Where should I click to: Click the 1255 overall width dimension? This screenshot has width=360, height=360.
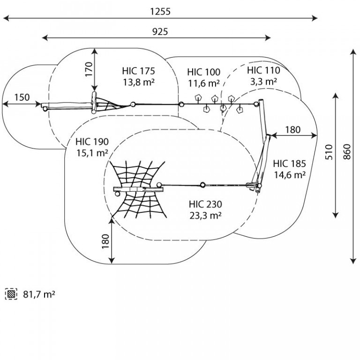160,11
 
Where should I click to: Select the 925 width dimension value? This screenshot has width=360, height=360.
160,32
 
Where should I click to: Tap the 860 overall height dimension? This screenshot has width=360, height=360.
347,151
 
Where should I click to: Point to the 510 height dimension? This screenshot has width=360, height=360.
329,152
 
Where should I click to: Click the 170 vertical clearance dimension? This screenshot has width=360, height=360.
89,69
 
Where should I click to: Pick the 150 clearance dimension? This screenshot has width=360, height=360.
22,97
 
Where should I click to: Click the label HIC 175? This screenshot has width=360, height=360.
138,71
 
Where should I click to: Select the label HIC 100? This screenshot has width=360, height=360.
203,72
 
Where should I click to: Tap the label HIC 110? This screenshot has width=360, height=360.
263,70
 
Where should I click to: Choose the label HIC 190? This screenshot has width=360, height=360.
92,142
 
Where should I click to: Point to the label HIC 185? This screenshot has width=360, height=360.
290,164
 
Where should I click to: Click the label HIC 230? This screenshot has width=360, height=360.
205,204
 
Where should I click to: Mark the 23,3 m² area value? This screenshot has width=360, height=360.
205,215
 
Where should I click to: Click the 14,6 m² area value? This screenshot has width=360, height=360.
290,175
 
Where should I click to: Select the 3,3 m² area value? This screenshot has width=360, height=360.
263,81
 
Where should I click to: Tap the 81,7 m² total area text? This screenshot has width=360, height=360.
39,294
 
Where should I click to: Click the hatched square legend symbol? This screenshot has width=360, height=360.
11,294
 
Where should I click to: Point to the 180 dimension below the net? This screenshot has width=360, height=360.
105,241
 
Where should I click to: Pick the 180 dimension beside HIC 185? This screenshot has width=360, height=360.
292,130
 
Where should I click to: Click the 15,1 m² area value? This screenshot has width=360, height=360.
92,153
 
